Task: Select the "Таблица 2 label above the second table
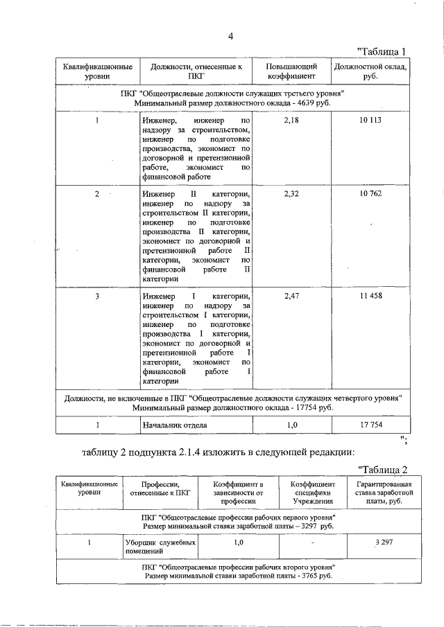click(x=382, y=470)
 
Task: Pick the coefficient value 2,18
click(x=291, y=121)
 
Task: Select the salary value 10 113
click(x=370, y=121)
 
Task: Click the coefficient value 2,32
click(x=291, y=194)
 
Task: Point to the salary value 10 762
click(x=370, y=194)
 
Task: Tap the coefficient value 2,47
click(x=291, y=296)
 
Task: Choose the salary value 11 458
click(x=370, y=296)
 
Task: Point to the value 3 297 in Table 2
click(x=382, y=542)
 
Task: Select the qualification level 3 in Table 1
click(x=97, y=296)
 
